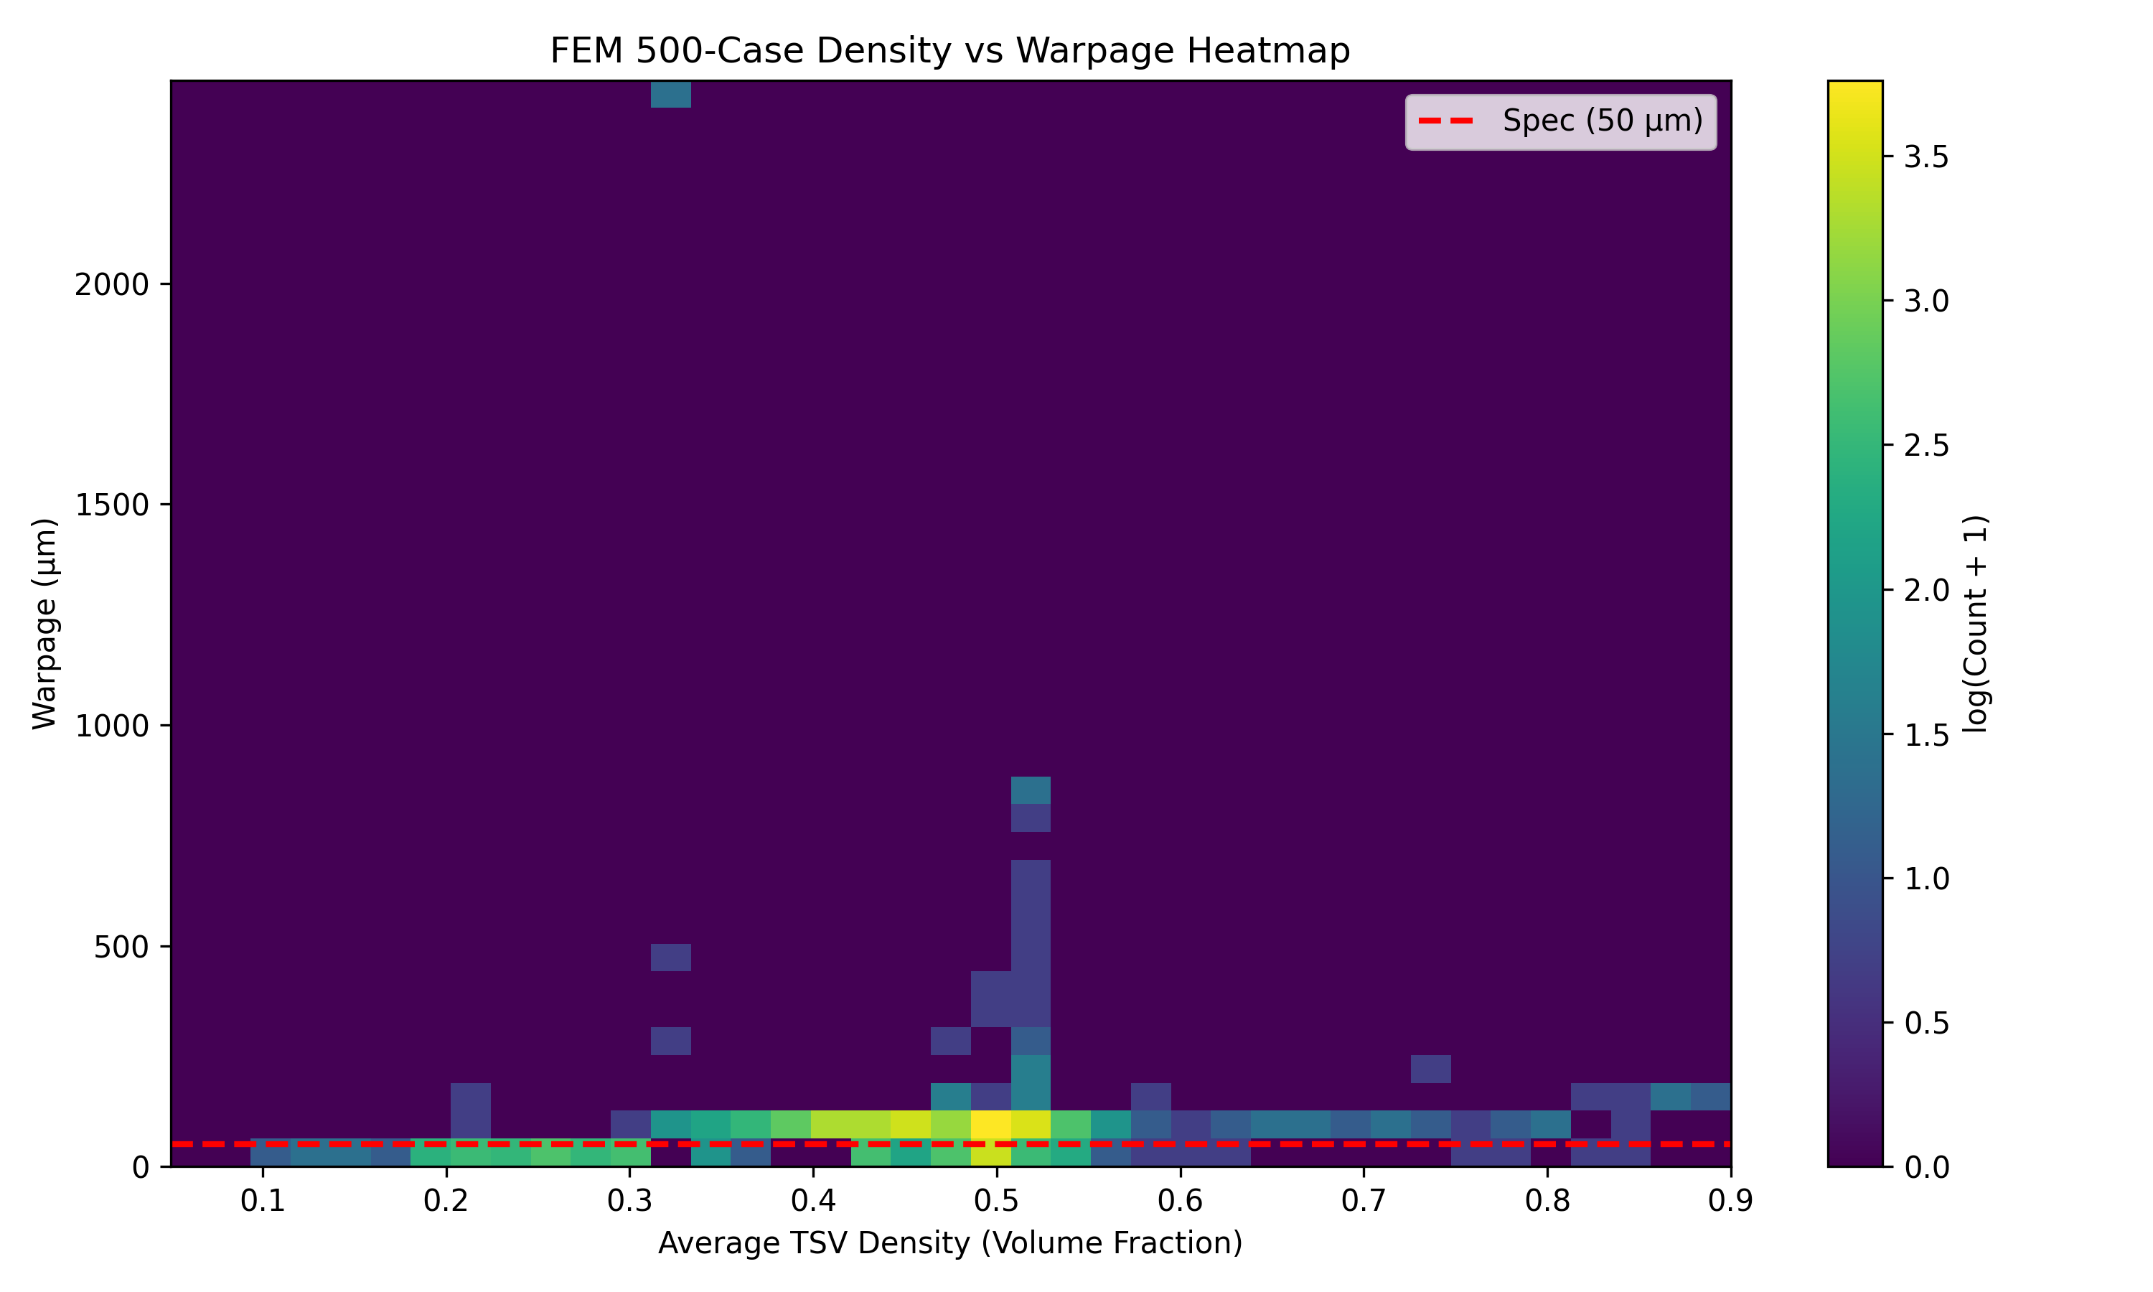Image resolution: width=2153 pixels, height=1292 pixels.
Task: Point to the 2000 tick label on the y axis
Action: pos(111,285)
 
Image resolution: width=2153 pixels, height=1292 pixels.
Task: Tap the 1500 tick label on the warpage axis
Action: pos(111,505)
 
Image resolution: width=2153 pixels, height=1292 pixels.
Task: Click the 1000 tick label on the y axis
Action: pos(111,726)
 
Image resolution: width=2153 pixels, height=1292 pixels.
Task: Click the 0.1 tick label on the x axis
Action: pos(263,1202)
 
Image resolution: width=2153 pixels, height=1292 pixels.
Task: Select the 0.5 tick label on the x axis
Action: pos(996,1202)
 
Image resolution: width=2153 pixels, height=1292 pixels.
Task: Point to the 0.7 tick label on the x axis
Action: pos(1363,1202)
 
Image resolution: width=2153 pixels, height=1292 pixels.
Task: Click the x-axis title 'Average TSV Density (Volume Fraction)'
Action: pos(949,1243)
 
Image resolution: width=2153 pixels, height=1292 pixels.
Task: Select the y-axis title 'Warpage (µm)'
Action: pos(44,623)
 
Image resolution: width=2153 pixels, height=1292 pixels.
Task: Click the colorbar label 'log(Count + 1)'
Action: pos(1976,623)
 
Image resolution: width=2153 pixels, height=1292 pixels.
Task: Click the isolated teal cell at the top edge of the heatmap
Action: pos(670,94)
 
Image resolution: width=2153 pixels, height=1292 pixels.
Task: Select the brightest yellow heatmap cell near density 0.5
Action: pos(990,1124)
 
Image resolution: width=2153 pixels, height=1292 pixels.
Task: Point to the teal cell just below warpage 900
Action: pos(1031,790)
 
